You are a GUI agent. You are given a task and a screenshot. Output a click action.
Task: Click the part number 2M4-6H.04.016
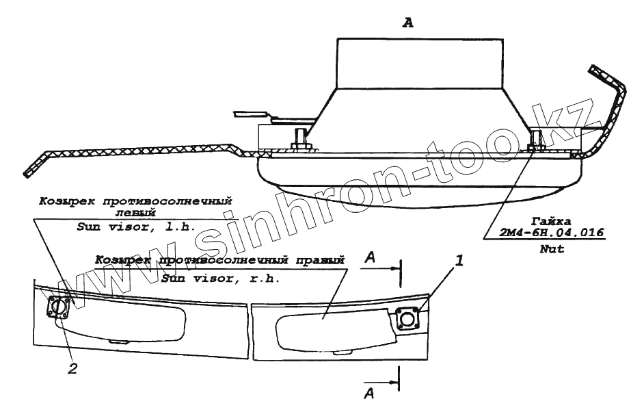[x=553, y=233]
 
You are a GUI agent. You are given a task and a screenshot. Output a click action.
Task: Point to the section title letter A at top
[x=408, y=23]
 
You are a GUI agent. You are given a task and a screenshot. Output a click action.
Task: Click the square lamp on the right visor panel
[x=409, y=319]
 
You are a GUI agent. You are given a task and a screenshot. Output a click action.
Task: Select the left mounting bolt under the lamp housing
[x=300, y=140]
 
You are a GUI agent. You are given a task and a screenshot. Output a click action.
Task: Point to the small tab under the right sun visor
[x=340, y=353]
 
